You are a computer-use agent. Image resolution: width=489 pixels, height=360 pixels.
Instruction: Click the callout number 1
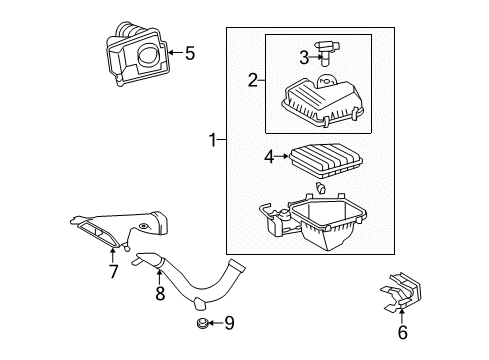point(211,143)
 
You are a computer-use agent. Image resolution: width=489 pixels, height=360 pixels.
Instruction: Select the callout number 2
point(254,80)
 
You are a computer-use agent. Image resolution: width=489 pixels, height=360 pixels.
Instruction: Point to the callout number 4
point(269,156)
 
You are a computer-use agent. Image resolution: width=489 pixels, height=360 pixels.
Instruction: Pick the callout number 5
point(188,52)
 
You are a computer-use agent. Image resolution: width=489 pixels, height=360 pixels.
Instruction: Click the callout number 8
point(158,295)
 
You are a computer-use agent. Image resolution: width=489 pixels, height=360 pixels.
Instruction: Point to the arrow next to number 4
point(282,156)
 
